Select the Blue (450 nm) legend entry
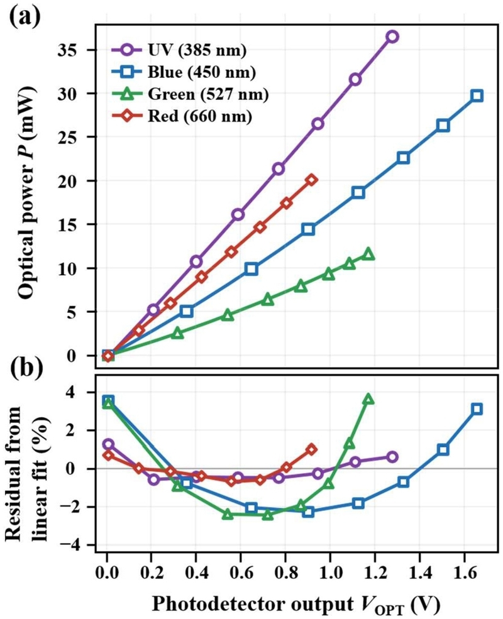click(x=184, y=72)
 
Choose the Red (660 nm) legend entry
click(x=182, y=116)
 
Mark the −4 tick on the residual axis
click(x=73, y=545)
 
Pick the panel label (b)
click(x=26, y=367)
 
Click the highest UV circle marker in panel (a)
click(x=392, y=36)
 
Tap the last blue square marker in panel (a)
click(x=477, y=96)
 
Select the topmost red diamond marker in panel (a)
click(x=311, y=180)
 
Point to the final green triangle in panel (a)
click(x=368, y=254)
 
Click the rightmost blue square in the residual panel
click(x=477, y=409)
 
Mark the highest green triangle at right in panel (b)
click(x=368, y=398)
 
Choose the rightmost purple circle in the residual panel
click(x=392, y=457)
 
